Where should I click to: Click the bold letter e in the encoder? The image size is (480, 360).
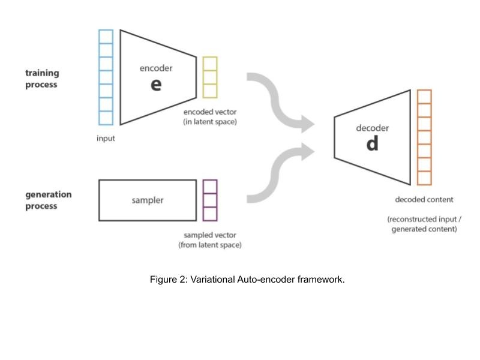[x=156, y=85]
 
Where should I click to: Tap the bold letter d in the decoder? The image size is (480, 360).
[x=372, y=144]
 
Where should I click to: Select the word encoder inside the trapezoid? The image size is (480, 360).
[x=156, y=68]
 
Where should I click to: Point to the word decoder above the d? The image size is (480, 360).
[x=373, y=128]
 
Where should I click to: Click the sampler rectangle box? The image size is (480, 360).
[x=147, y=200]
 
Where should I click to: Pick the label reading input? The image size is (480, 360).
[x=106, y=138]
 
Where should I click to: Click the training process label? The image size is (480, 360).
[x=41, y=79]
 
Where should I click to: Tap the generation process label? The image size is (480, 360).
[x=48, y=200]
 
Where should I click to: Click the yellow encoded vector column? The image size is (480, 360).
[x=209, y=77]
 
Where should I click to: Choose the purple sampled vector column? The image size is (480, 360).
[x=209, y=200]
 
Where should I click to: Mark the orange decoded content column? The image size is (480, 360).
[x=424, y=137]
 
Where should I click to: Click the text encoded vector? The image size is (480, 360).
[x=210, y=112]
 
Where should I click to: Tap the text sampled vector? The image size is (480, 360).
[x=210, y=236]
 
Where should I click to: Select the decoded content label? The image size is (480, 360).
[x=424, y=199]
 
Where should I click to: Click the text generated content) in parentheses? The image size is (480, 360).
[x=424, y=229]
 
